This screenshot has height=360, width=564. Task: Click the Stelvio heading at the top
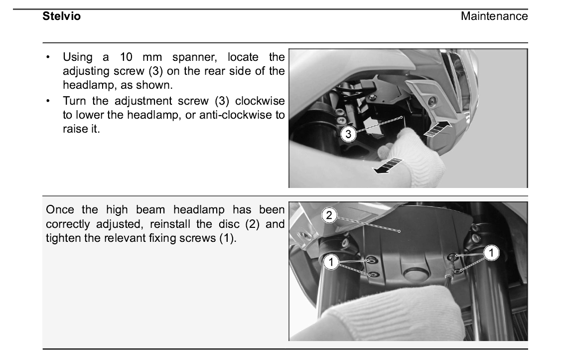click(61, 16)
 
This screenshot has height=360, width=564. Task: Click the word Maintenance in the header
click(494, 16)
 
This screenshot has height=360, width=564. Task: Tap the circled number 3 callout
click(348, 134)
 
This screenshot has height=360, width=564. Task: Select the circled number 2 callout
click(329, 215)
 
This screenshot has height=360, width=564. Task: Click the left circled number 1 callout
click(331, 262)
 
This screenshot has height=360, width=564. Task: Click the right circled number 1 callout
click(491, 253)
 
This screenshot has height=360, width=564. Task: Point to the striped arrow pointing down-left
click(388, 166)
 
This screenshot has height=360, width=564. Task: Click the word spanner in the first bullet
click(195, 57)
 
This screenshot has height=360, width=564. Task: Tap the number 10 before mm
click(126, 57)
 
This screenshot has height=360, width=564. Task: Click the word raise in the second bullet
click(74, 129)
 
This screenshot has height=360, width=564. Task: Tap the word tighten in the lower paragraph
click(63, 238)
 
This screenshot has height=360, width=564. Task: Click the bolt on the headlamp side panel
click(431, 101)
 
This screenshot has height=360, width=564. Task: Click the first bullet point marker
click(48, 57)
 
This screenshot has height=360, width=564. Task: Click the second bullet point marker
click(48, 101)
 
